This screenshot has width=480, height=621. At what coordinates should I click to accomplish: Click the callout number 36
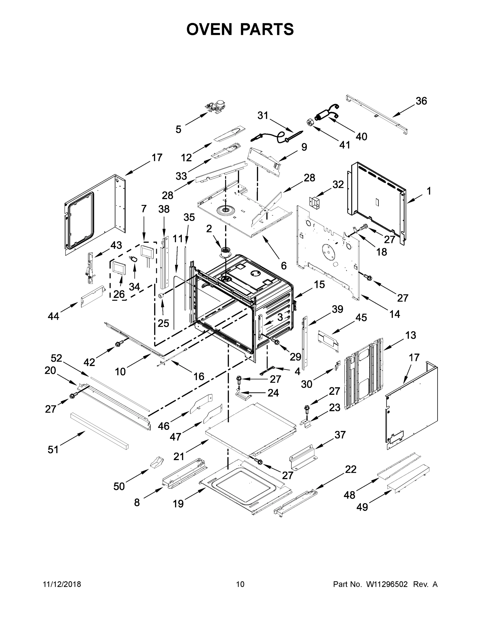coord(421,101)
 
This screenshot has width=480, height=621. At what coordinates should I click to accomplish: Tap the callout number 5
coord(178,129)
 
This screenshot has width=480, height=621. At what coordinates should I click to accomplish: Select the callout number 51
coord(53,449)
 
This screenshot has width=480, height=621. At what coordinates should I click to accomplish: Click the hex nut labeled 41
coord(310,122)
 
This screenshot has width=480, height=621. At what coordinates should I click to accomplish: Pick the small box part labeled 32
coord(314,202)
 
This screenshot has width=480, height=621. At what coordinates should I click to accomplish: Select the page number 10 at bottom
coord(240,584)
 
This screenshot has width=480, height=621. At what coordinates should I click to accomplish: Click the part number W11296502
coord(387,584)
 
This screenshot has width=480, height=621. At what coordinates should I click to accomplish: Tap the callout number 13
coord(410,335)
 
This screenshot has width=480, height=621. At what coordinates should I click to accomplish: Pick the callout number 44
coord(53,316)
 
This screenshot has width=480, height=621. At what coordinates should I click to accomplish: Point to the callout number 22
coord(351,469)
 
